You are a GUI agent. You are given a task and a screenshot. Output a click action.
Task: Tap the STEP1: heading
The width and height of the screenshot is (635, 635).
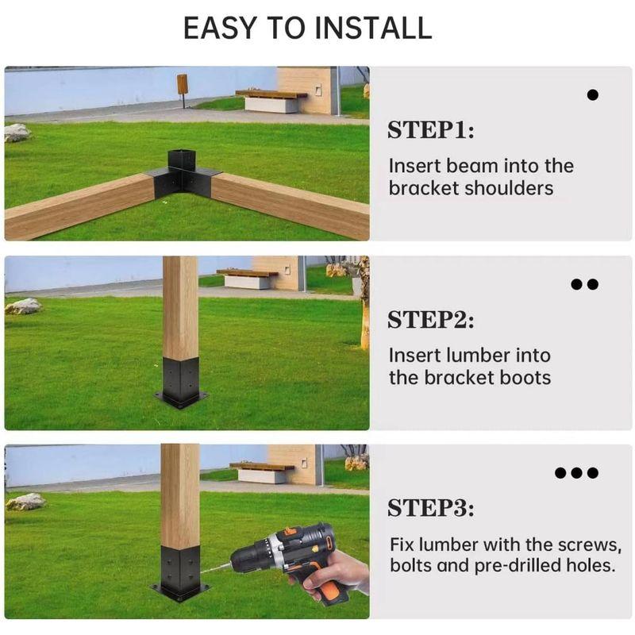tap(430, 130)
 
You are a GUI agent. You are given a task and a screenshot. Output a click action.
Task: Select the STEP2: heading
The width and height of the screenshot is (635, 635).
tap(430, 320)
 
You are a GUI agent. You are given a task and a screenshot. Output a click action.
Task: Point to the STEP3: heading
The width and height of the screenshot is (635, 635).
tap(430, 508)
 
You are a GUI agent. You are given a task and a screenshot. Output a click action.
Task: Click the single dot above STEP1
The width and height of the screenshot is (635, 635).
tap(592, 95)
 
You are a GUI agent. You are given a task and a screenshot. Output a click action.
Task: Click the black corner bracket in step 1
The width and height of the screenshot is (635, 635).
tap(183, 174)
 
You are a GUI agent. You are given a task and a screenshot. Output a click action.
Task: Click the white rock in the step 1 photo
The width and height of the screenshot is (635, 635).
tap(17, 133)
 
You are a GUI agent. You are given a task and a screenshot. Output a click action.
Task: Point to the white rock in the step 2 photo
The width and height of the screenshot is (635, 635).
tap(24, 306)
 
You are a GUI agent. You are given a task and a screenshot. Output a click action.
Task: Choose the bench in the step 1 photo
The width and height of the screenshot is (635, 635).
tap(271, 102)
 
